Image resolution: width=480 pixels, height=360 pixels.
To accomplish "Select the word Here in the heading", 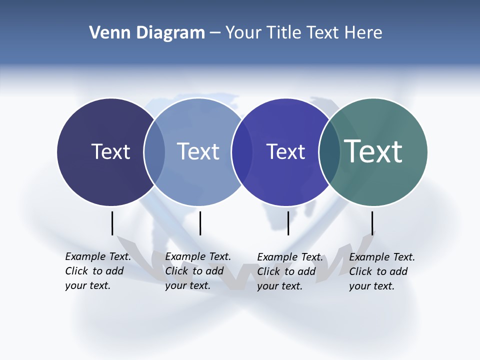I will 363,33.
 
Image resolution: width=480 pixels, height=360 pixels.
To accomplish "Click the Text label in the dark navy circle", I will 110,151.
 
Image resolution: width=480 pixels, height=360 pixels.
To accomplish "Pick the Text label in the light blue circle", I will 198,151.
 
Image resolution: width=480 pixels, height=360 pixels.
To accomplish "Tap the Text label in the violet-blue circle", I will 285,151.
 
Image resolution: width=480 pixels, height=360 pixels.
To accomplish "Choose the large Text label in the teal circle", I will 373,151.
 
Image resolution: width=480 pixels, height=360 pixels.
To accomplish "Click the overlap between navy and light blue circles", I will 154,152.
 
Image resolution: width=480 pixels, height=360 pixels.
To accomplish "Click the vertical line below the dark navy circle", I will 112,223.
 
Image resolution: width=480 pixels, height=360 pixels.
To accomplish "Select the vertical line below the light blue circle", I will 200,223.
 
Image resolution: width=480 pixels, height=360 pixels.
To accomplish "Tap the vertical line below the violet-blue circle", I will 288,223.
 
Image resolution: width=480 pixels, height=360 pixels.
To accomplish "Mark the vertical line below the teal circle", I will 372,223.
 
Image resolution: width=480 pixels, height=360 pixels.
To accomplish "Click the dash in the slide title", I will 215,33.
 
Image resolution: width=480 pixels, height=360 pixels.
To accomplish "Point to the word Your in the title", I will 243,33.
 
